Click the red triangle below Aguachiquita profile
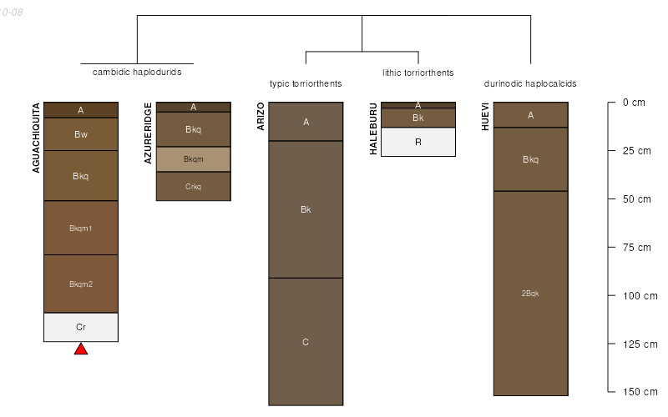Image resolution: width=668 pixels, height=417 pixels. click(x=81, y=349)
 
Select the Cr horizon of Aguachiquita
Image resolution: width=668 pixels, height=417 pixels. click(x=81, y=327)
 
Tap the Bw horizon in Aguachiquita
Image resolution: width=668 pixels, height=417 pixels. click(x=81, y=134)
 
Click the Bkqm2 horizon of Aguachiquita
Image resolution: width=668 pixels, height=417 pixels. click(x=81, y=284)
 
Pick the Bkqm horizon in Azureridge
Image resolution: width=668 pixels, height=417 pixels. click(x=193, y=159)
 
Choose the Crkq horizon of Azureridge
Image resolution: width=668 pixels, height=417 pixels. click(x=193, y=186)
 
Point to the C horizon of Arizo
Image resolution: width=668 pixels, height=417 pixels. click(x=306, y=342)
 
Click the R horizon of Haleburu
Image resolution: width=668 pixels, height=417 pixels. click(x=418, y=142)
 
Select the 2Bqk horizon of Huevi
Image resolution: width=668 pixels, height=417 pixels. click(x=530, y=293)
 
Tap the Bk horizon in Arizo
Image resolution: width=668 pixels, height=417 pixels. click(x=306, y=209)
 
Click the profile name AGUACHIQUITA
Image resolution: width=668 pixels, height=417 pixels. click(x=36, y=138)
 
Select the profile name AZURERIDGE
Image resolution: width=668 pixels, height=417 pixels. click(x=149, y=133)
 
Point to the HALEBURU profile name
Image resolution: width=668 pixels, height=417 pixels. click(x=373, y=129)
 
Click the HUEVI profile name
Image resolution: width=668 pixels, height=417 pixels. click(x=486, y=117)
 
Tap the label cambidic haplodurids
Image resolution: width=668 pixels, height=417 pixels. click(x=137, y=72)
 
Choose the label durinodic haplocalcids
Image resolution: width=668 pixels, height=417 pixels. click(x=530, y=83)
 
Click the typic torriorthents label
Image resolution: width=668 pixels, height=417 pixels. click(x=306, y=83)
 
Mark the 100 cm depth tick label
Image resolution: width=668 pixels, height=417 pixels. click(x=640, y=296)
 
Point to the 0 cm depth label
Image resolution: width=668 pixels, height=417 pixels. click(x=635, y=103)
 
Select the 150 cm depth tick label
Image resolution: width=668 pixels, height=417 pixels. click(x=640, y=392)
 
